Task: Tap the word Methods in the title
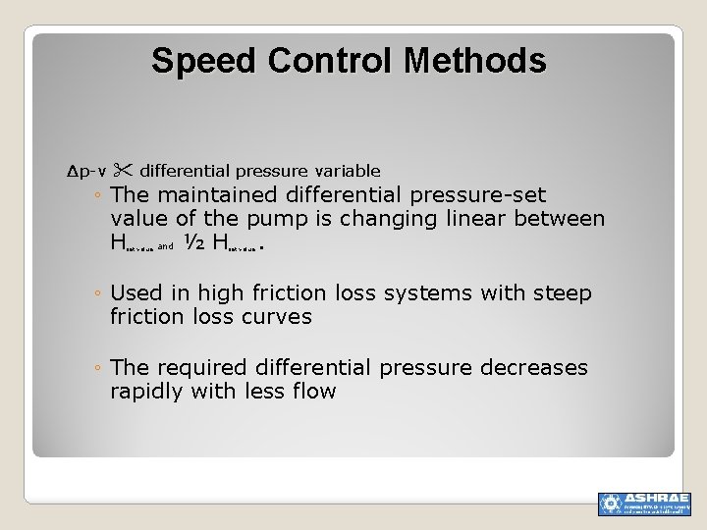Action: point(474,61)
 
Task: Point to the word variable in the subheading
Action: point(347,171)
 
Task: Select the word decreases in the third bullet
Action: point(534,368)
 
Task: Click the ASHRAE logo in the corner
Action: point(644,503)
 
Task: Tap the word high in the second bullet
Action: point(217,293)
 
